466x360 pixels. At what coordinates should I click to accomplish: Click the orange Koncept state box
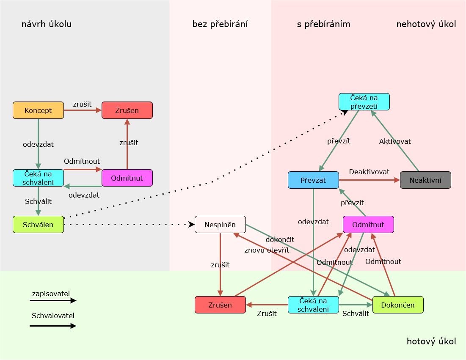[38, 110]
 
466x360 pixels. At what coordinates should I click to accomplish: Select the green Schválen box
[38, 225]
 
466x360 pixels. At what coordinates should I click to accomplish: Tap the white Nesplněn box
[220, 225]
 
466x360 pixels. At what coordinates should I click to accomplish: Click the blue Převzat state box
[313, 180]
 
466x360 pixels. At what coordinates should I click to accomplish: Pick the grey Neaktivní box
[425, 180]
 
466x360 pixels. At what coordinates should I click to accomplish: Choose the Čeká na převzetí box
[364, 102]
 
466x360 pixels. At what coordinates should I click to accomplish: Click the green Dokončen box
[398, 305]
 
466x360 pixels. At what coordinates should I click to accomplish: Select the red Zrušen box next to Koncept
[127, 110]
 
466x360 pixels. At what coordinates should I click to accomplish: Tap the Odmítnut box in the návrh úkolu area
[127, 178]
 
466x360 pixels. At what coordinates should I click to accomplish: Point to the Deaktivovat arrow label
[369, 172]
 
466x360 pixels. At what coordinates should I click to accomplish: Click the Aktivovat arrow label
[395, 141]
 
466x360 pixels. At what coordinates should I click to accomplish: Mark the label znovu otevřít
[267, 250]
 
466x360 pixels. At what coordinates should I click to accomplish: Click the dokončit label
[280, 240]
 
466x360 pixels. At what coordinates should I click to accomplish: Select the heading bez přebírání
[220, 24]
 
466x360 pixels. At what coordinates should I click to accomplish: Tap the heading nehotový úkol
[426, 24]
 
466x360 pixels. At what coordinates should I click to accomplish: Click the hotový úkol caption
[431, 341]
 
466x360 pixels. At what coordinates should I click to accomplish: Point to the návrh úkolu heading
[47, 24]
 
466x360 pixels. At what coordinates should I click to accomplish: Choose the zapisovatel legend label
[51, 293]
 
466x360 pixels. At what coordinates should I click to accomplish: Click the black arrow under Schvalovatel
[53, 326]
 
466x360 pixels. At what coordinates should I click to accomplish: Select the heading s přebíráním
[324, 24]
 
